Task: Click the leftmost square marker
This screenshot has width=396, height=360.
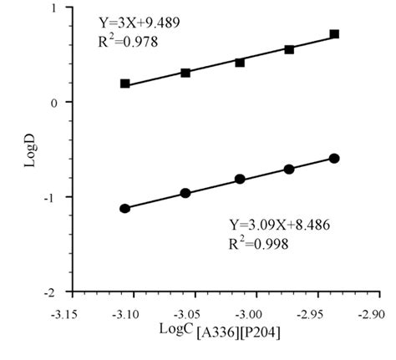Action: pos(125,84)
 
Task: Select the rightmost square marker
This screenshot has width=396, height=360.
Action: pos(334,34)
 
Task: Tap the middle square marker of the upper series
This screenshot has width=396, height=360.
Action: pos(240,63)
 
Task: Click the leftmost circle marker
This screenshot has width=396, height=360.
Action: pos(125,208)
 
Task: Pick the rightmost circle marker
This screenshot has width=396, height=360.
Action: pos(334,158)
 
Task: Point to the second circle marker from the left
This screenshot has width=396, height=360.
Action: pos(185,193)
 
